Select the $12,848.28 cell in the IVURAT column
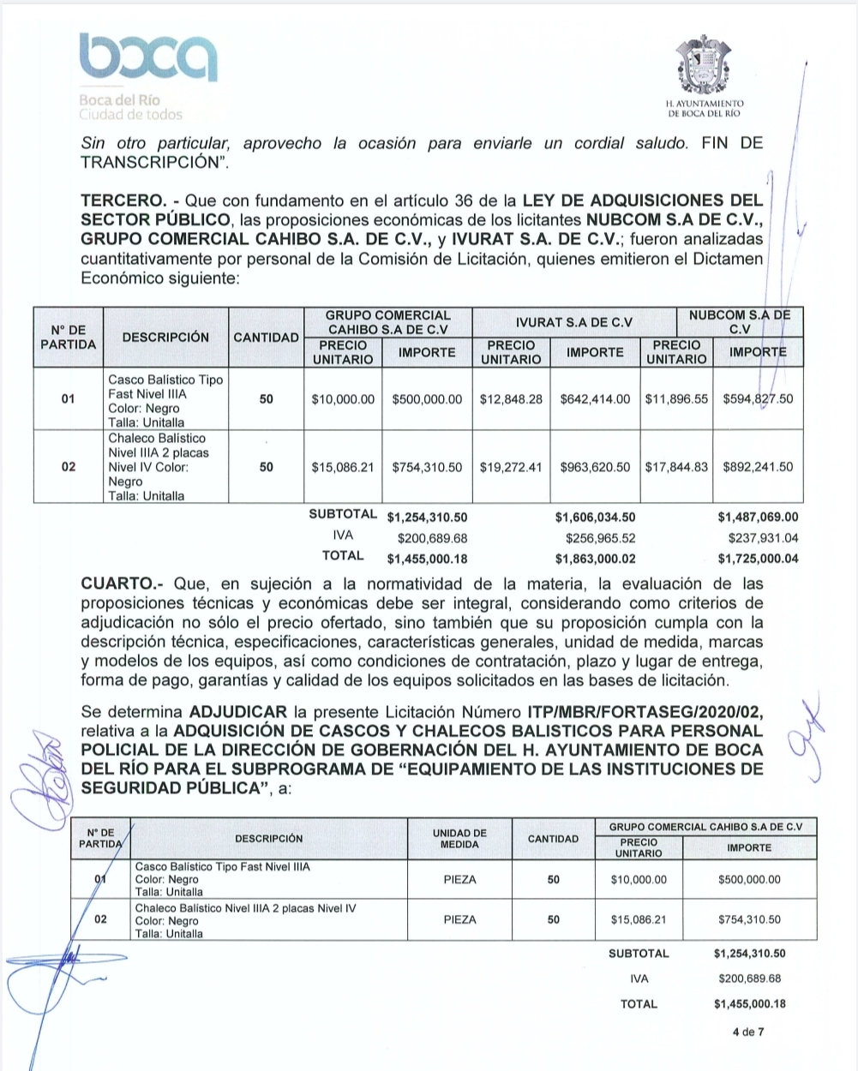tap(511, 399)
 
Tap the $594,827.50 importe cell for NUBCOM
tap(758, 399)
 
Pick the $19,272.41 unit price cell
tap(511, 467)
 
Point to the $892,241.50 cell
tap(758, 467)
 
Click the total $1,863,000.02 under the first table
tap(595, 559)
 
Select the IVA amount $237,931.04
tap(762, 538)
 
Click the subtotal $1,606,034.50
tap(595, 517)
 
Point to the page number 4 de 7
tap(748, 1032)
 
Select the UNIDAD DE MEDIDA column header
tap(459, 839)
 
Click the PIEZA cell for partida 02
tap(459, 919)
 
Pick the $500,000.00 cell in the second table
tap(749, 879)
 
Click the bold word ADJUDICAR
tap(238, 712)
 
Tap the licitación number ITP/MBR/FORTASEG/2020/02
tap(644, 712)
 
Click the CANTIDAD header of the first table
tap(266, 338)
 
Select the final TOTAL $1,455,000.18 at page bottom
tap(749, 1004)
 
